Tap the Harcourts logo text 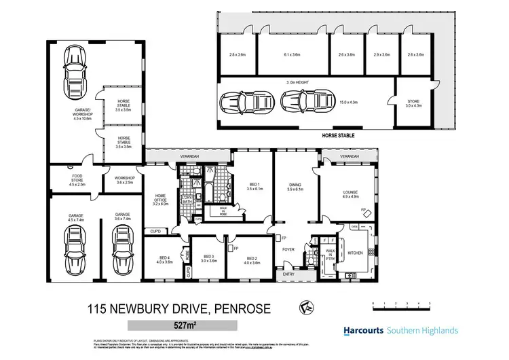(x=358, y=331)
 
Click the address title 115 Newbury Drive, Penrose (x=179, y=308)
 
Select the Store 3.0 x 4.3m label (x=413, y=103)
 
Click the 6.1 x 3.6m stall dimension (x=292, y=55)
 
